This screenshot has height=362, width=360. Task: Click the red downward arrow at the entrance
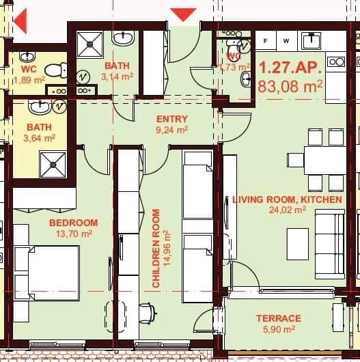coord(183,14)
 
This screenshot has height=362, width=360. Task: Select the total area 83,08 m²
coord(290,86)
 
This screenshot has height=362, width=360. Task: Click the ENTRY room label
coord(171,119)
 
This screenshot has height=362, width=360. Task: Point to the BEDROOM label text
coord(73,223)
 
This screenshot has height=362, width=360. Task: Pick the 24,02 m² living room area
coord(287,210)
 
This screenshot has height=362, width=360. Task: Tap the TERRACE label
coord(279,318)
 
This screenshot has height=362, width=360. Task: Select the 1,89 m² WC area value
coord(29,80)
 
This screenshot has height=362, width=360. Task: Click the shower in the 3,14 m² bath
coord(87,44)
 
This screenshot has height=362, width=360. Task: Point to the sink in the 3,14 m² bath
coord(124,39)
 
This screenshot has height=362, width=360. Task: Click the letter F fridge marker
coord(265,41)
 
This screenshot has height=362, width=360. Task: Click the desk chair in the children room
coord(146,313)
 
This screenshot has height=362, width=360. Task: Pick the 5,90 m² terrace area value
coord(279,329)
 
